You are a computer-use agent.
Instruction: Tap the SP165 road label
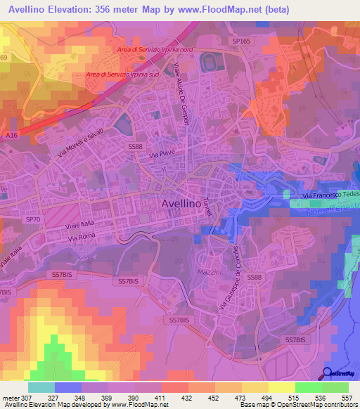point(241,41)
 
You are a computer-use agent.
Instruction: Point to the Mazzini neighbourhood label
point(208,271)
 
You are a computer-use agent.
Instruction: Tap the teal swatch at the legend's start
point(41,387)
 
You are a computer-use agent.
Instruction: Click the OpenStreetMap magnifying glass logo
point(328,374)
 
